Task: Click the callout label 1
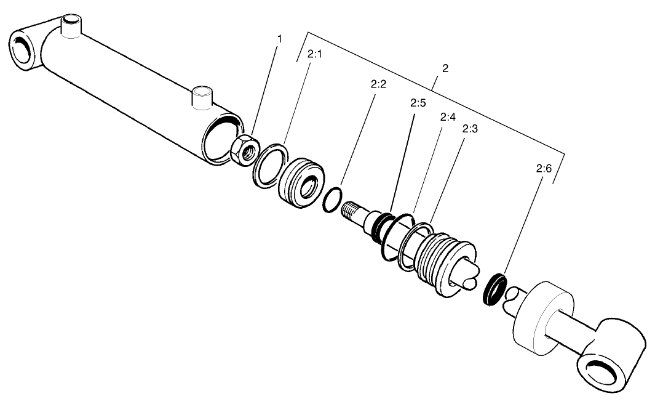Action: tap(280, 39)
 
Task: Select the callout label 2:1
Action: tap(314, 54)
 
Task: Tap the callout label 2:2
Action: tap(378, 84)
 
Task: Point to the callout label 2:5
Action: tap(418, 103)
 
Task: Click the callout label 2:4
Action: tap(447, 116)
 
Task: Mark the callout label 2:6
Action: tap(544, 168)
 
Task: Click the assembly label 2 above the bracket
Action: tap(445, 68)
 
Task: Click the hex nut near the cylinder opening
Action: tap(244, 150)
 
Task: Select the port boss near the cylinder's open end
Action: tap(202, 99)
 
